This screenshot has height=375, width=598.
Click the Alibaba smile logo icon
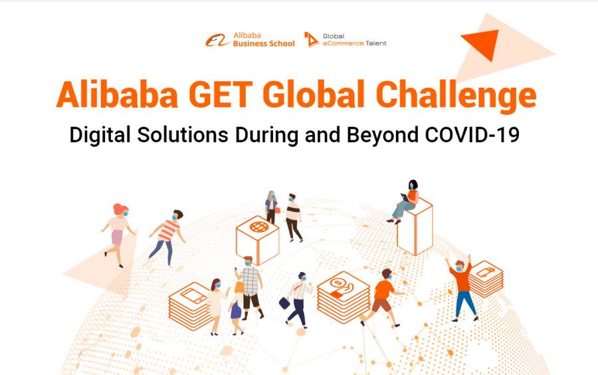217,40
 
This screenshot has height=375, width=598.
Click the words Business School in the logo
264,43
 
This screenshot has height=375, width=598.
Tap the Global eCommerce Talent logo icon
311,40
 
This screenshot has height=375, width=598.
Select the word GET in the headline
221,94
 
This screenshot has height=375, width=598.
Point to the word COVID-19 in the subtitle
472,135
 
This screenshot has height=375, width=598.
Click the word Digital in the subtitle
100,136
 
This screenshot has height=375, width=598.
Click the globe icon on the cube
259,227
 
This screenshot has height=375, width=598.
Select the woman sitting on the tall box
405,202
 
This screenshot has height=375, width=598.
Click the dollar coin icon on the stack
337,283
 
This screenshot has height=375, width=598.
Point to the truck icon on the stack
486,272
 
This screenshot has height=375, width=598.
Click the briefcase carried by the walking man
284,303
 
